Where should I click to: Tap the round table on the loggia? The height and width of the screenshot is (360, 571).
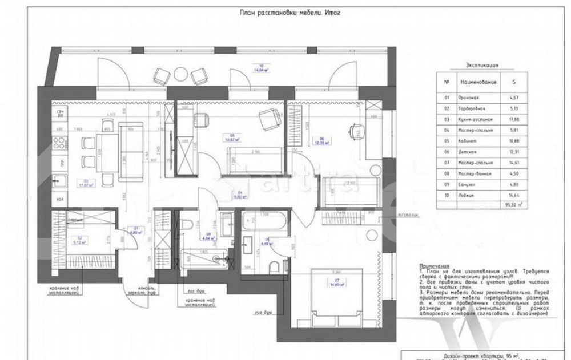(x=180, y=74)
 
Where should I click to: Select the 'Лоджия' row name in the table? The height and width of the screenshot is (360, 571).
(x=468, y=196)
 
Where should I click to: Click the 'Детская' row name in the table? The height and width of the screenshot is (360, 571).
(x=467, y=152)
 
